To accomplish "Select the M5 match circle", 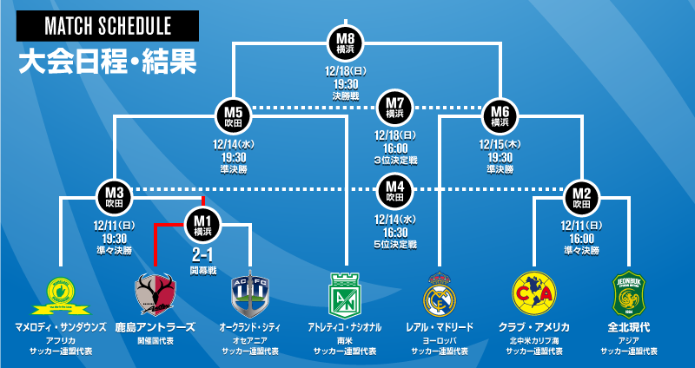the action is pyautogui.click(x=233, y=116).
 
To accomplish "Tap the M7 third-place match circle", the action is pyautogui.click(x=394, y=108).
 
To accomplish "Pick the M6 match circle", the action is pyautogui.click(x=500, y=116).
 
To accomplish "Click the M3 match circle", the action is pyautogui.click(x=115, y=197).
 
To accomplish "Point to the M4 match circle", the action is pyautogui.click(x=394, y=189).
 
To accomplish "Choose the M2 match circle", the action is pyautogui.click(x=581, y=197).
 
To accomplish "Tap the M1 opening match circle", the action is pyautogui.click(x=202, y=224).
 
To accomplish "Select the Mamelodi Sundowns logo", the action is pyautogui.click(x=59, y=294).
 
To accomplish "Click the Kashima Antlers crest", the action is pyautogui.click(x=156, y=293).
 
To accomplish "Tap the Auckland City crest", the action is pyautogui.click(x=250, y=293).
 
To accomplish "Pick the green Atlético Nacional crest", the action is pyautogui.click(x=344, y=294).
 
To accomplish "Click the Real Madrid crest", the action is pyautogui.click(x=440, y=294).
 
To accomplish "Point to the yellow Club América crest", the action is pyautogui.click(x=534, y=293).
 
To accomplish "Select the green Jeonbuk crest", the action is pyautogui.click(x=628, y=294).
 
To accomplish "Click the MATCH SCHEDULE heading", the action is pyautogui.click(x=108, y=27).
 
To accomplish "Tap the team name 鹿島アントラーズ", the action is pyautogui.click(x=156, y=328).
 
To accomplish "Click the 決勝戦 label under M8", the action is pyautogui.click(x=345, y=95).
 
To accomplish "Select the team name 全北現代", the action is pyautogui.click(x=628, y=328).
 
